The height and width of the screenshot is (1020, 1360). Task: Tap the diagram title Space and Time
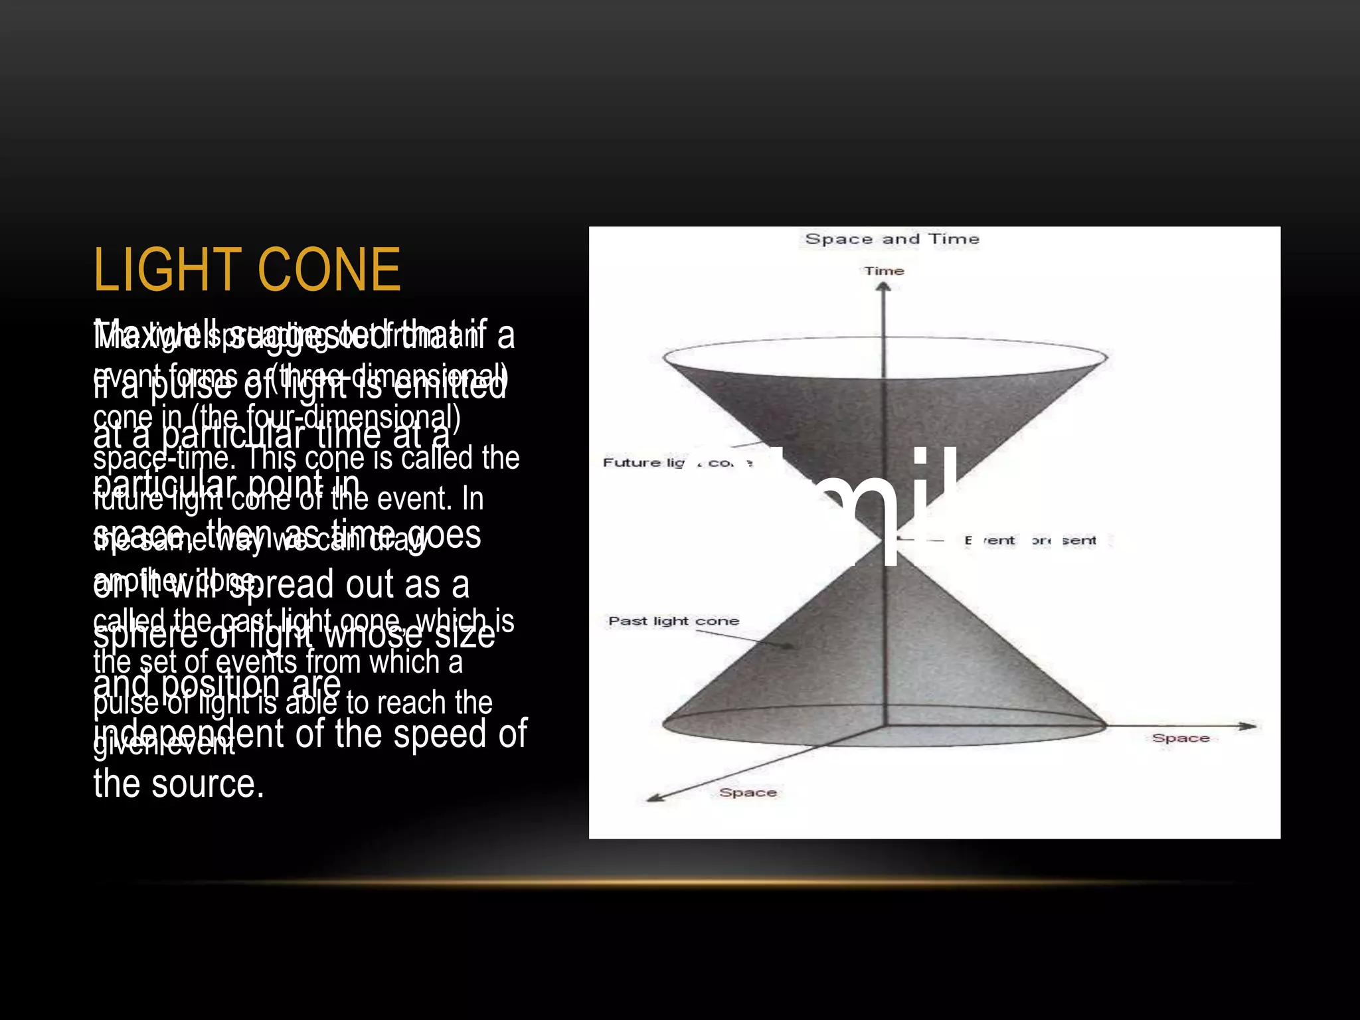click(892, 239)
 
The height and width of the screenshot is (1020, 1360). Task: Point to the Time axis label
click(884, 271)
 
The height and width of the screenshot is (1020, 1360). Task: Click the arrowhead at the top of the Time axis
click(883, 287)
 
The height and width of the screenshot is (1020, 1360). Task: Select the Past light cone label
click(673, 621)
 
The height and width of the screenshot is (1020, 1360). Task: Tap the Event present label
click(1030, 541)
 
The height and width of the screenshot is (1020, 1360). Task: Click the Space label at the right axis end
click(1180, 738)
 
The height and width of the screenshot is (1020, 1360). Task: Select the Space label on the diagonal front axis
click(748, 792)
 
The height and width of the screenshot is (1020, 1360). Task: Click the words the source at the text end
click(179, 784)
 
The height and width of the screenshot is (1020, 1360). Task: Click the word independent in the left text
click(189, 734)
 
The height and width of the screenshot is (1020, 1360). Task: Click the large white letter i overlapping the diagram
click(920, 508)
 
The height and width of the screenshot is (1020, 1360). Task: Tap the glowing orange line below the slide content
click(680, 883)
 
